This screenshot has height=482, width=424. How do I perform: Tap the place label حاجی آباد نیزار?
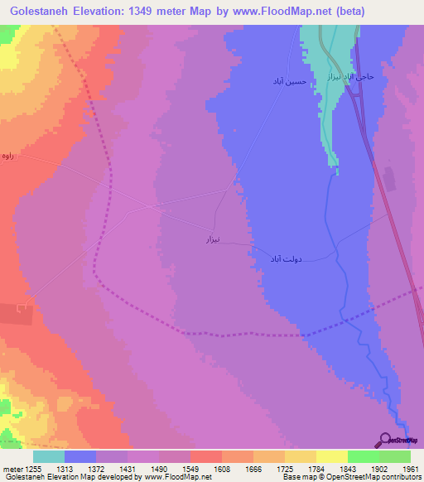pyautogui.click(x=351, y=76)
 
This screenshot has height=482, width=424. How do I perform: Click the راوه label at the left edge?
pyautogui.click(x=8, y=156)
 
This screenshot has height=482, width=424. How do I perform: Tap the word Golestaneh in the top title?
pyautogui.click(x=34, y=12)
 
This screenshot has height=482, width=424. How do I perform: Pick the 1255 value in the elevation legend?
pyautogui.click(x=33, y=469)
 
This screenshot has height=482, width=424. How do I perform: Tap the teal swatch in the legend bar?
pyautogui.click(x=49, y=456)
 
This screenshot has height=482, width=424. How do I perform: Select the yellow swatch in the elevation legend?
pyautogui.click(x=332, y=456)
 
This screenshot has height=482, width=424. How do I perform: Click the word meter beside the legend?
pyautogui.click(x=12, y=469)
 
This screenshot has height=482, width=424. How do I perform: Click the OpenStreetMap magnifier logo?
pyautogui.click(x=384, y=439)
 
